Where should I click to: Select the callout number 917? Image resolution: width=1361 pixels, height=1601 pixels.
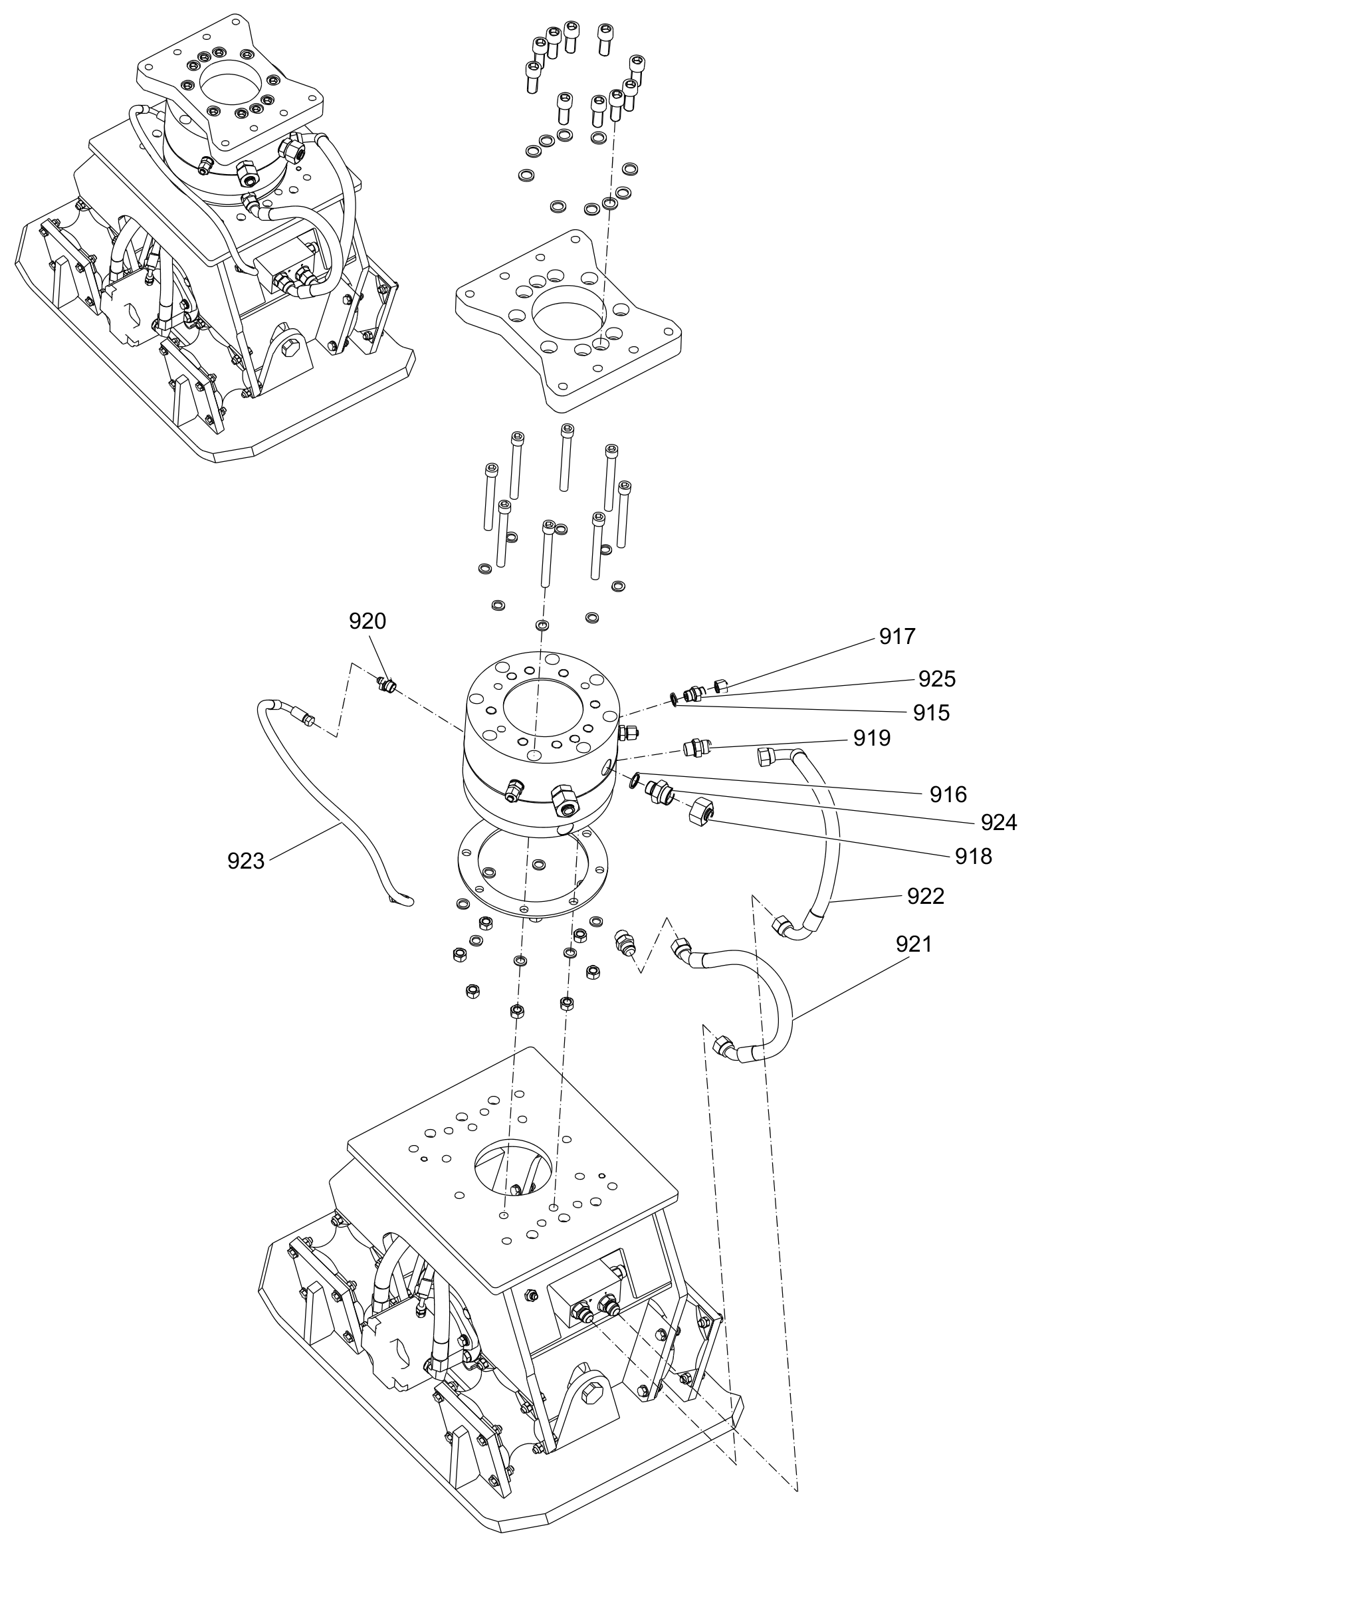tap(897, 637)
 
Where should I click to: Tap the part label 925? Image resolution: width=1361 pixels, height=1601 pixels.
tap(936, 679)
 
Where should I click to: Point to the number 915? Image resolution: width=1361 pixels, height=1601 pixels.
tap(931, 713)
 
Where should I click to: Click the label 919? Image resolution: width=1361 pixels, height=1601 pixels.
tap(872, 738)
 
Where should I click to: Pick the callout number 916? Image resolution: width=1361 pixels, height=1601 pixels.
tap(948, 794)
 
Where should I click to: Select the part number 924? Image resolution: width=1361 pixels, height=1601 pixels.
tap(999, 823)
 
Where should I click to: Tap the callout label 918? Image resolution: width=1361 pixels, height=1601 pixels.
tap(974, 857)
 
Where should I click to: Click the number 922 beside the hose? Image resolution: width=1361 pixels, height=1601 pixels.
tap(926, 896)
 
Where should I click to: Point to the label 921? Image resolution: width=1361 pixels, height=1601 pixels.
tap(914, 944)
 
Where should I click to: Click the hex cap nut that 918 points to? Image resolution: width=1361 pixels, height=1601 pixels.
tap(700, 811)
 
